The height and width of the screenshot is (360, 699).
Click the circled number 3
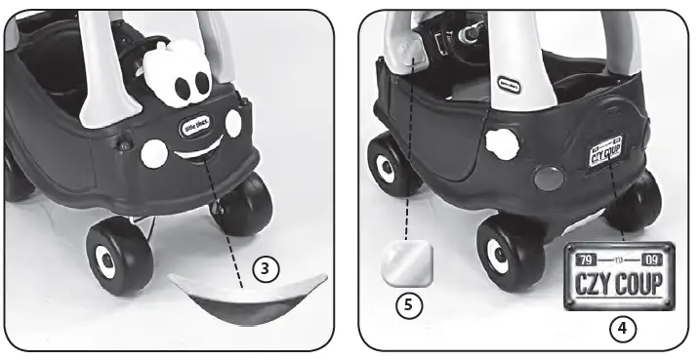pos(265,267)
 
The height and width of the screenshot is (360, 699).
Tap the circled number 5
pos(410,304)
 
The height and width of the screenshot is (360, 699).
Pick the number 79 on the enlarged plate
pos(586,260)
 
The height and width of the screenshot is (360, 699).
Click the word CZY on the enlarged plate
pos(593,284)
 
